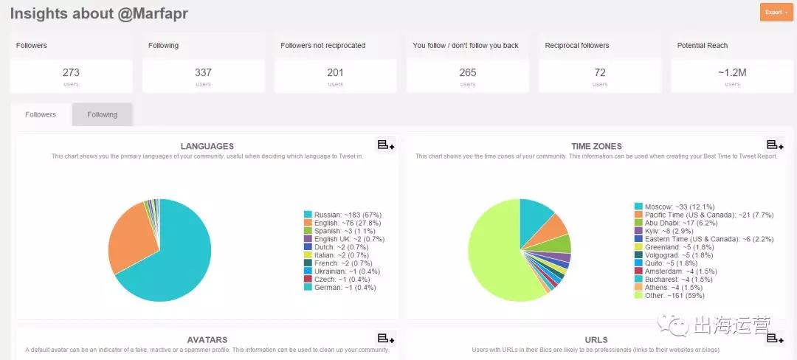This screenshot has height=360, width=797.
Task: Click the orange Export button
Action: (x=776, y=12)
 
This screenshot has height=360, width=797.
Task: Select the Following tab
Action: (x=102, y=114)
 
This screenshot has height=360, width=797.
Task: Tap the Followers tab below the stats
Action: (x=41, y=114)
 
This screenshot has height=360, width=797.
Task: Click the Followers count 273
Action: (x=71, y=72)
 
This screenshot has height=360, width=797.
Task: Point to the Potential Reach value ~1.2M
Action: (x=732, y=72)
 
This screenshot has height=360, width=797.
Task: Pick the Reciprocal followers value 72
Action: (x=600, y=72)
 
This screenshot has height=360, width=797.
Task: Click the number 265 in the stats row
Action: (x=467, y=72)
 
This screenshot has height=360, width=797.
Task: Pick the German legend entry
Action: (x=340, y=288)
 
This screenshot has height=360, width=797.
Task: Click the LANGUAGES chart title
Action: (x=207, y=146)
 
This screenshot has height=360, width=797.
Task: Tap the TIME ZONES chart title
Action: (x=596, y=146)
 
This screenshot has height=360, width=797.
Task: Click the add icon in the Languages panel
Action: (x=386, y=145)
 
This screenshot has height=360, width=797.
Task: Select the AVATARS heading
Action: (x=207, y=340)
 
